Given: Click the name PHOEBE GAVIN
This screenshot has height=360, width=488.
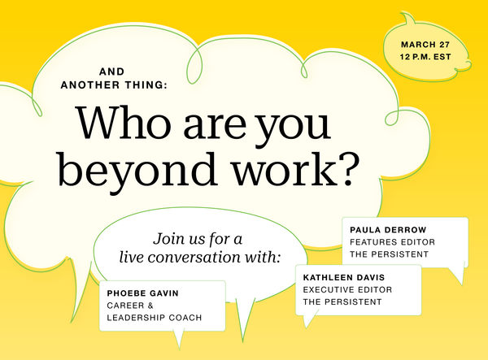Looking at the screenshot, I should (x=142, y=293).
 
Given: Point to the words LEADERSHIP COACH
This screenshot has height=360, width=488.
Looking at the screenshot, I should (x=154, y=318).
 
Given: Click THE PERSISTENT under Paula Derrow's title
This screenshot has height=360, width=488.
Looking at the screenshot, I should (x=389, y=254).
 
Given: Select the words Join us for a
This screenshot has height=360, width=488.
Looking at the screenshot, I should (x=197, y=240).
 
